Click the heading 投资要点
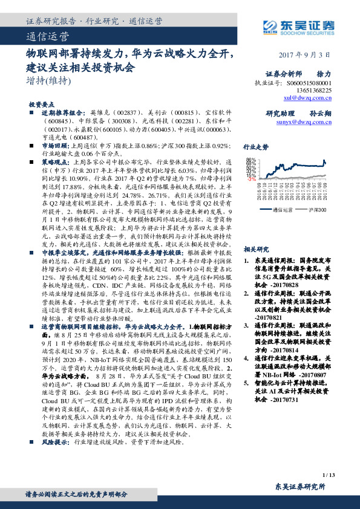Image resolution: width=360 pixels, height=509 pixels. (42, 104)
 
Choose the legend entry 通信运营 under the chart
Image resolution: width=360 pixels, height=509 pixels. (283, 210)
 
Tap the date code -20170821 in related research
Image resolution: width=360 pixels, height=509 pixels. (273, 316)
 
